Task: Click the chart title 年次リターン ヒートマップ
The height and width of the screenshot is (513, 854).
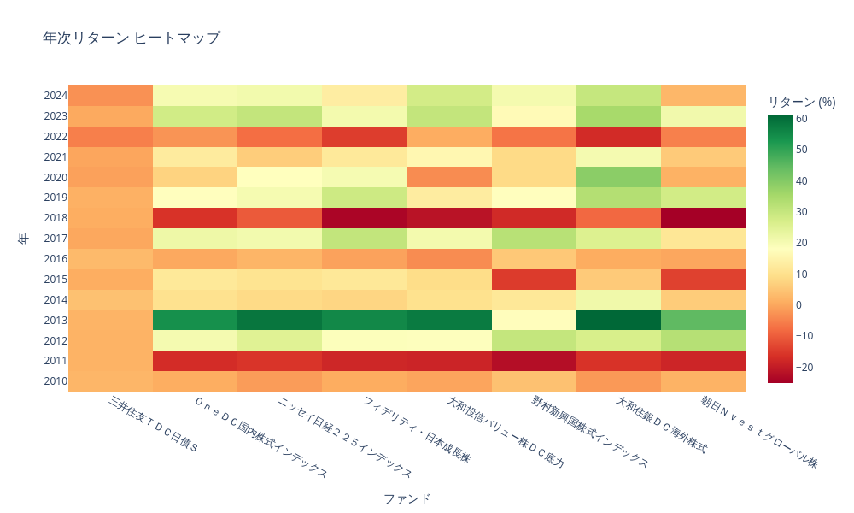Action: [131, 38]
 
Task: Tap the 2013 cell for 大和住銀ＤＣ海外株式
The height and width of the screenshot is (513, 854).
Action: [618, 320]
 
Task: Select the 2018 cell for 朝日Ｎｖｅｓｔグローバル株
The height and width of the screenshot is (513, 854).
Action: [703, 217]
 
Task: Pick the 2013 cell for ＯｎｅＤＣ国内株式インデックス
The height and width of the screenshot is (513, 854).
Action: [196, 320]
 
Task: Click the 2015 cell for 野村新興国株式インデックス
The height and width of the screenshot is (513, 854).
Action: [534, 279]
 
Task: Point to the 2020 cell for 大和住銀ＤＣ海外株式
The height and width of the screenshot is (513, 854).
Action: [618, 177]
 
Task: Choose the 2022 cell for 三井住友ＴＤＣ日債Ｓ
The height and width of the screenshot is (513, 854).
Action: [111, 136]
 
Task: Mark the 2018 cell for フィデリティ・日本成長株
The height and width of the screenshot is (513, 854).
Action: [365, 217]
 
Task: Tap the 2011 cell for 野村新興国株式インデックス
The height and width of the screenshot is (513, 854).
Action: [534, 360]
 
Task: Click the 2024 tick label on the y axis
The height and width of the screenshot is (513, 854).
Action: [55, 96]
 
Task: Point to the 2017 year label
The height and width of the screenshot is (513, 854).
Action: [55, 239]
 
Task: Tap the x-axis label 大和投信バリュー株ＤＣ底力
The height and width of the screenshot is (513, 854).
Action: [506, 433]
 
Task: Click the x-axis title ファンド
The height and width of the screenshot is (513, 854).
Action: [407, 498]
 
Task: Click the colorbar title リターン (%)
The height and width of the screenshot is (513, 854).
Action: [801, 102]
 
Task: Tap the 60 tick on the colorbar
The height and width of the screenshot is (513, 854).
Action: [801, 119]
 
